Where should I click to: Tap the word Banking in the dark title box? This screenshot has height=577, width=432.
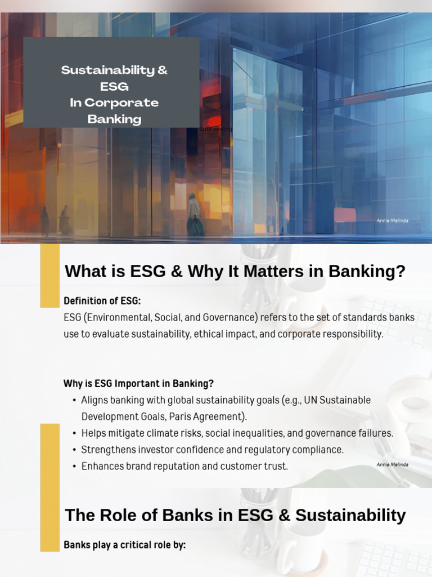[x=114, y=119]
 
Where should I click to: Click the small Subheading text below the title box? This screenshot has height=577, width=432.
[x=215, y=129]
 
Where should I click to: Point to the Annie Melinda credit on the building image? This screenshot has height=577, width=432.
[x=391, y=221]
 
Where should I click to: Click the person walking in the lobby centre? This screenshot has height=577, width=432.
[x=194, y=215]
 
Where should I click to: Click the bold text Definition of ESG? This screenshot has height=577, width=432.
[x=102, y=301]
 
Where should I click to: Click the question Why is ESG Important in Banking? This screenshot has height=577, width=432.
[x=138, y=384]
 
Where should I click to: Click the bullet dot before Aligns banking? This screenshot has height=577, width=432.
[x=75, y=400]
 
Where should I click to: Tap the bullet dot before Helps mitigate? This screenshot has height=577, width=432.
[x=75, y=433]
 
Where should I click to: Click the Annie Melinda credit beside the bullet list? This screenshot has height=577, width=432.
[x=392, y=464]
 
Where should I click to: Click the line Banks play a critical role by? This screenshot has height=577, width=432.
[x=124, y=545]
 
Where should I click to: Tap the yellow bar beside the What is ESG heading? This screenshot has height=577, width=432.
[x=49, y=275]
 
